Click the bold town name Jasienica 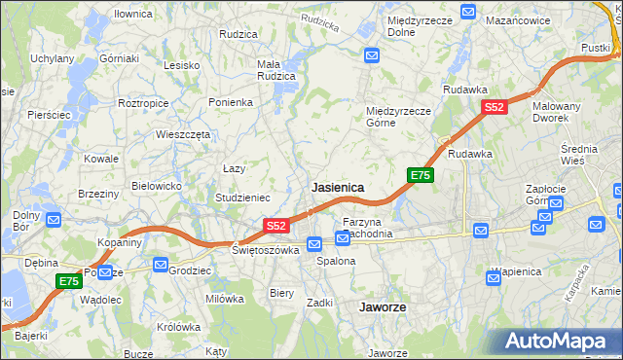[x=338, y=187]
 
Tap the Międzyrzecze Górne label [x=398, y=117]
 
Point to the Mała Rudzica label [x=275, y=71]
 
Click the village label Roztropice [x=143, y=102]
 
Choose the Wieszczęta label [x=183, y=135]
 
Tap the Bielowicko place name [x=157, y=185]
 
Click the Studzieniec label [x=243, y=198]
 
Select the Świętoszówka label [x=265, y=250]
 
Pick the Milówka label [x=224, y=299]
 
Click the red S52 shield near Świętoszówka [x=275, y=226]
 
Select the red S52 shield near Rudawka [x=495, y=108]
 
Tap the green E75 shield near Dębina [x=67, y=281]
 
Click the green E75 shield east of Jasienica [x=420, y=175]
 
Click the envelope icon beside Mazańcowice [x=468, y=14]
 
